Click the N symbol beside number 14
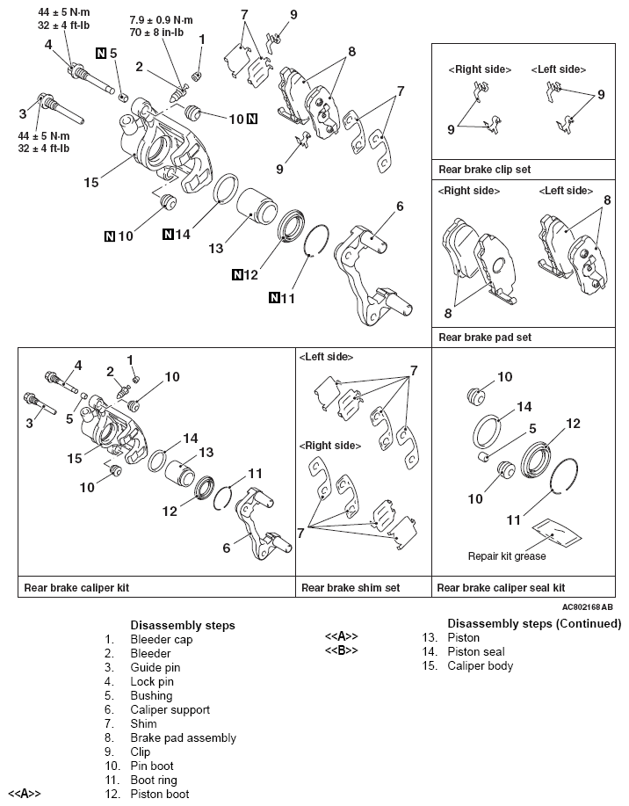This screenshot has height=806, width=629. (169, 235)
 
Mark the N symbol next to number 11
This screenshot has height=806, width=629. (275, 299)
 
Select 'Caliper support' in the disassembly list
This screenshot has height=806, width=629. (170, 709)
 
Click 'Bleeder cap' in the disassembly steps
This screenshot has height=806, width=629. (161, 639)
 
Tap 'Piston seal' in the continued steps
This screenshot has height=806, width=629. (475, 651)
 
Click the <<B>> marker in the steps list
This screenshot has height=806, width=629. (342, 650)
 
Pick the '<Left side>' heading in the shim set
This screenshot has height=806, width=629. (327, 358)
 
